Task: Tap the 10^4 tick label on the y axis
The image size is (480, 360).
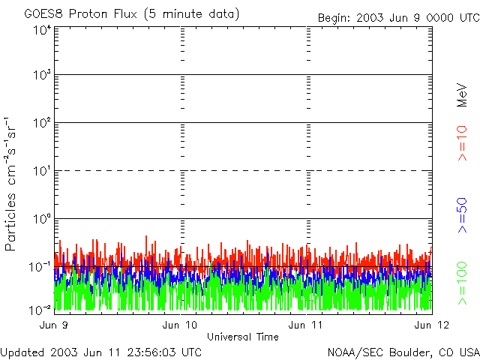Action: coord(42,31)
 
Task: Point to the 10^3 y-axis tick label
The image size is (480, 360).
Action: coord(42,75)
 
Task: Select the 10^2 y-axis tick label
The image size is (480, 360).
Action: coord(42,123)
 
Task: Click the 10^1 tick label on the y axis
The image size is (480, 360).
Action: coord(42,171)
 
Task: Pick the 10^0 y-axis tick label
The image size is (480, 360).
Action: coord(42,219)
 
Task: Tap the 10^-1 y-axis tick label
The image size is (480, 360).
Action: coord(40,267)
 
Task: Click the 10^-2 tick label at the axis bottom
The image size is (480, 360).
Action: coord(40,309)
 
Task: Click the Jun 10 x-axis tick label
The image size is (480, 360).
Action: coord(180,325)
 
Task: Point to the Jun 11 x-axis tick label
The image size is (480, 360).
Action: coord(307,325)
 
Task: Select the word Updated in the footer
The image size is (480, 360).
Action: coord(22,351)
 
